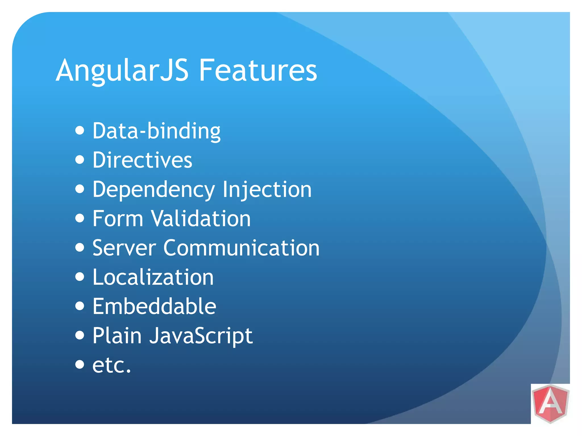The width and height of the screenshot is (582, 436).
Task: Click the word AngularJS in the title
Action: (x=122, y=70)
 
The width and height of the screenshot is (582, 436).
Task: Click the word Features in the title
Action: (x=257, y=70)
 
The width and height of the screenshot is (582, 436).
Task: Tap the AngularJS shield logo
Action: (x=550, y=404)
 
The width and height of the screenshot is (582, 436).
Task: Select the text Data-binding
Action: (x=157, y=131)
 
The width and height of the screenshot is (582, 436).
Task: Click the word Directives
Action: (x=142, y=160)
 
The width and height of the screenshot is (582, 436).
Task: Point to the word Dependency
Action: (x=154, y=190)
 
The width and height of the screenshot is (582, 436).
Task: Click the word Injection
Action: (x=267, y=190)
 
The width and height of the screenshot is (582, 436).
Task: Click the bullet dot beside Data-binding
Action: (x=80, y=131)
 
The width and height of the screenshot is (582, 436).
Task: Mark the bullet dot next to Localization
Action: (x=80, y=277)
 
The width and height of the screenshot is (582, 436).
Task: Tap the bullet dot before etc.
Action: (x=80, y=364)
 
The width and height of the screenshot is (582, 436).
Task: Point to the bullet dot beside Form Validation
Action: (x=80, y=218)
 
